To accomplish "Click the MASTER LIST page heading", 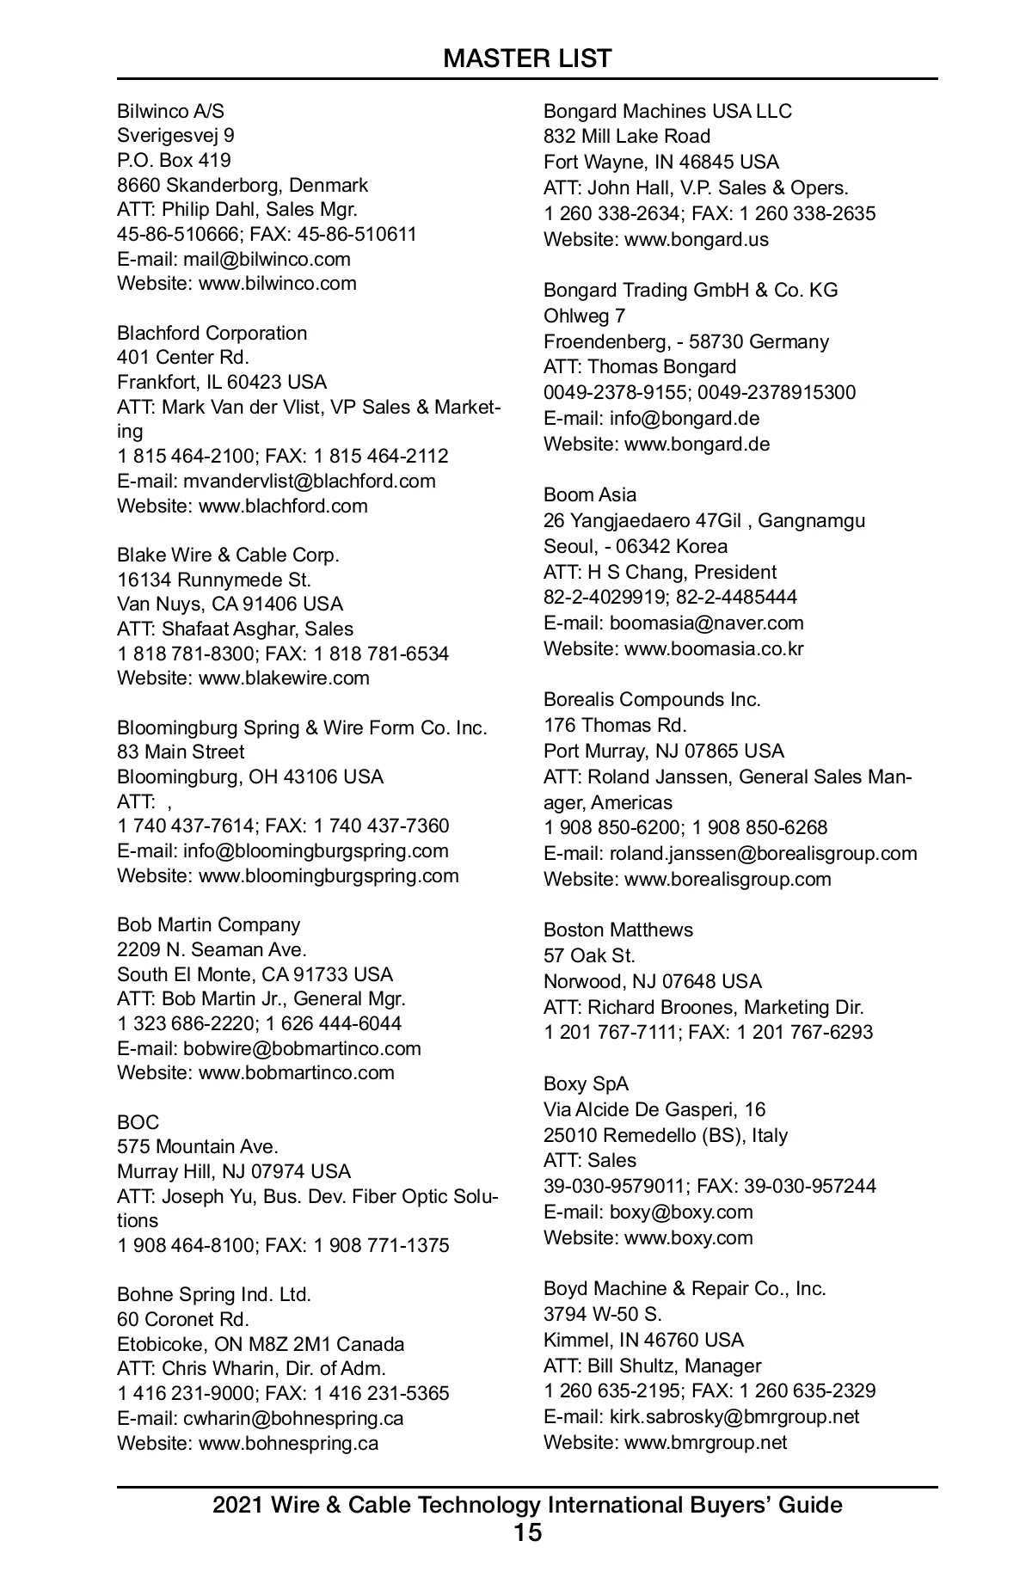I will [527, 58].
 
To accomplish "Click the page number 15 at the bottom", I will [527, 1532].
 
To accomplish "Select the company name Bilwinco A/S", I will [170, 111].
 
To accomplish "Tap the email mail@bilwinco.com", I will [267, 259].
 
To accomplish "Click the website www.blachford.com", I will [283, 506].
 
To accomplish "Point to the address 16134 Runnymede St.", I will [214, 580].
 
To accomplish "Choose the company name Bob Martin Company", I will [209, 924].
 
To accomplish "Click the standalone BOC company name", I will [138, 1122].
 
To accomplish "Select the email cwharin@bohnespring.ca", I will [293, 1418].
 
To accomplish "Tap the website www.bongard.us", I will [697, 239].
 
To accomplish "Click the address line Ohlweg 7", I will [585, 316].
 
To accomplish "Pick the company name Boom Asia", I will [590, 494].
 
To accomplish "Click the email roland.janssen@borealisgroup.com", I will [763, 853].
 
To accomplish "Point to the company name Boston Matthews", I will [618, 930].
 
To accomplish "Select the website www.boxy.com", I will [688, 1237].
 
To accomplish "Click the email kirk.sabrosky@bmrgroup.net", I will [734, 1416].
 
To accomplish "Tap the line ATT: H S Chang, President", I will [660, 572].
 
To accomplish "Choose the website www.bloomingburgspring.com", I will [329, 875].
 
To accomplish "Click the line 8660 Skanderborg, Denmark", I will [243, 185].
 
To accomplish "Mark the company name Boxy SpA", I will [586, 1083].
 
